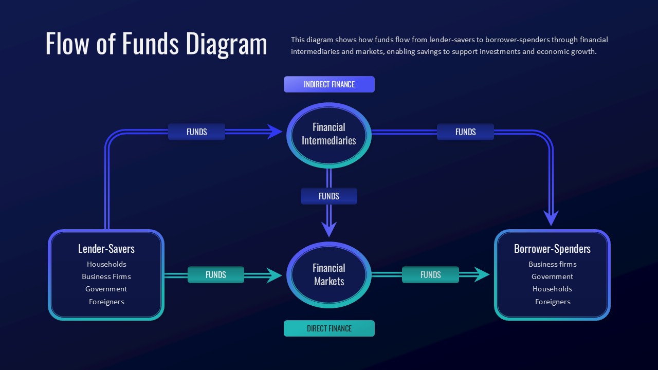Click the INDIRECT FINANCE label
329,84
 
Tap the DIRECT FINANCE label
329,328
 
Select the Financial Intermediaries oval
329,134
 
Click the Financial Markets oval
329,274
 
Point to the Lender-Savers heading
106,249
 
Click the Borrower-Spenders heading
552,249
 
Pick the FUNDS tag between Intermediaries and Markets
329,196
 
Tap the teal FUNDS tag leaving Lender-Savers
216,275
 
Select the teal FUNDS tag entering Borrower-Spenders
430,275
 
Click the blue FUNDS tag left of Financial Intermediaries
196,132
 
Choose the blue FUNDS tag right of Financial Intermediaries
465,132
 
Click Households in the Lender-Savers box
106,264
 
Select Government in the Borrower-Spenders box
552,276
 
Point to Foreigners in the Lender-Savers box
106,302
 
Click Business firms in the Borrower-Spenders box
552,264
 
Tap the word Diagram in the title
226,44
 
